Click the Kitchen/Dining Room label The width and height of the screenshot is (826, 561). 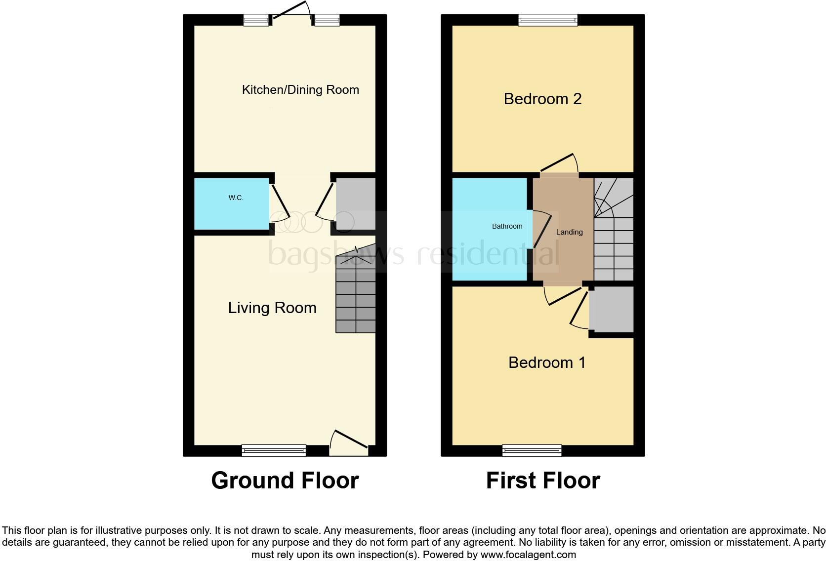point(300,90)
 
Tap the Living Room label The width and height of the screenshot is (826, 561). point(272,308)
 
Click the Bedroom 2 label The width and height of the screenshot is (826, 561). point(542,99)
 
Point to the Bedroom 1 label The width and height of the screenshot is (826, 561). point(547,362)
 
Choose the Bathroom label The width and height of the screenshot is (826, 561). point(507,226)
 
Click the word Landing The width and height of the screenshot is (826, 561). point(569,232)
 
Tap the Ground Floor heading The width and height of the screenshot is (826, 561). point(285,481)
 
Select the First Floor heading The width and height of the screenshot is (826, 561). point(543,481)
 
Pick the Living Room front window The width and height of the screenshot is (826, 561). point(274,450)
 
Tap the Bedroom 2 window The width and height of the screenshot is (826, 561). point(547,20)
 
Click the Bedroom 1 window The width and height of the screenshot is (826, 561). point(532,450)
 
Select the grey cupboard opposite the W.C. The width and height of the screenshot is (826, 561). point(356,204)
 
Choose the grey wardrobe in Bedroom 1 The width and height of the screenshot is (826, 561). point(611,310)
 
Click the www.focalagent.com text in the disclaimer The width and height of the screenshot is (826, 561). point(528,555)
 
